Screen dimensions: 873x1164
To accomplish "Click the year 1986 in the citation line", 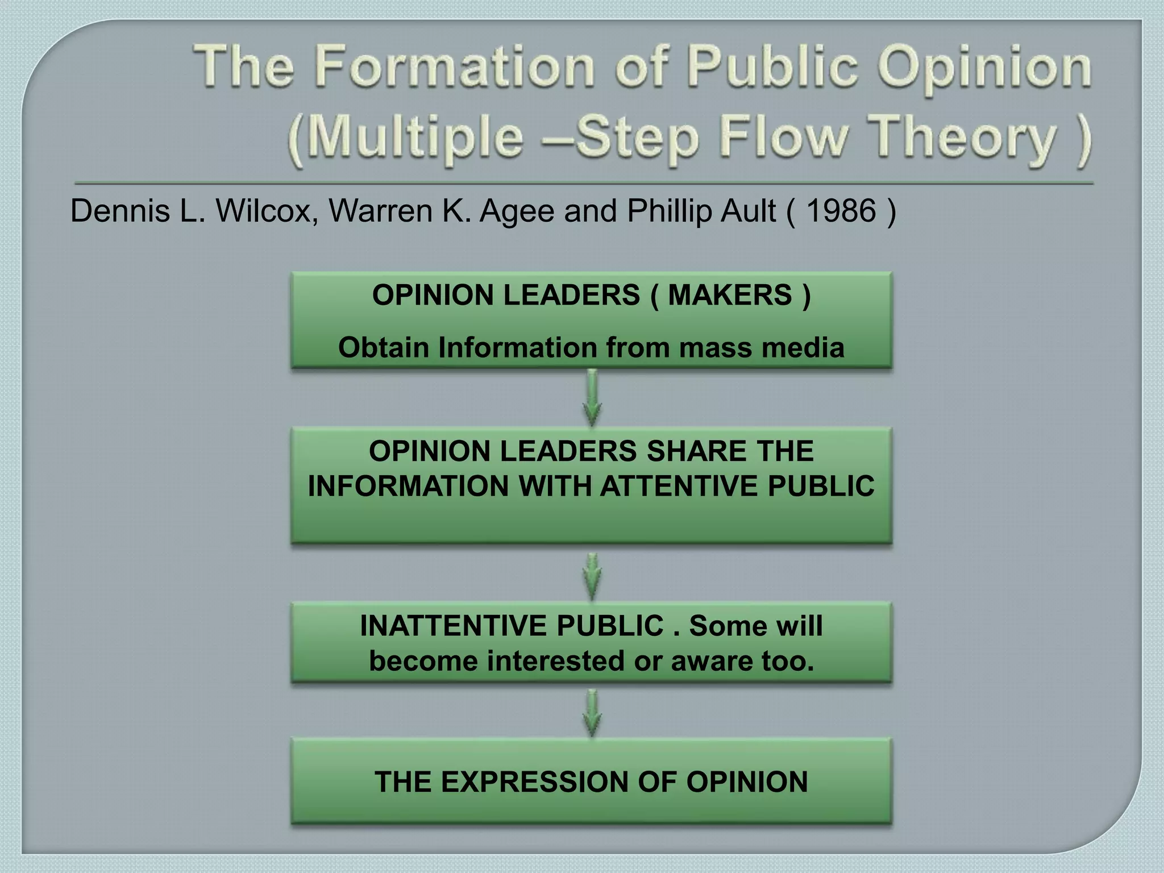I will point(841,211).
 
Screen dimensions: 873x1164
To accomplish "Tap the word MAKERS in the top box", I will point(730,295).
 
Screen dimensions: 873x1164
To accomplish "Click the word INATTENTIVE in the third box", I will point(454,626).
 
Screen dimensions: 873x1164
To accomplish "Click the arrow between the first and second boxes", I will point(592,398).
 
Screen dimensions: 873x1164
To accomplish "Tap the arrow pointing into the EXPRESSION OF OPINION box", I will point(592,713).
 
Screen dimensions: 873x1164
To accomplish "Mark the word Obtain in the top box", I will point(384,347).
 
